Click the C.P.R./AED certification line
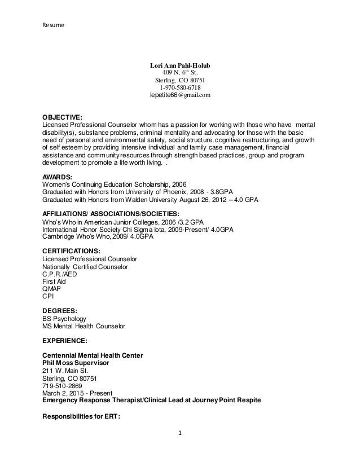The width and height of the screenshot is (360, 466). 60,274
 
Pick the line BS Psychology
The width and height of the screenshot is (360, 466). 65,318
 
